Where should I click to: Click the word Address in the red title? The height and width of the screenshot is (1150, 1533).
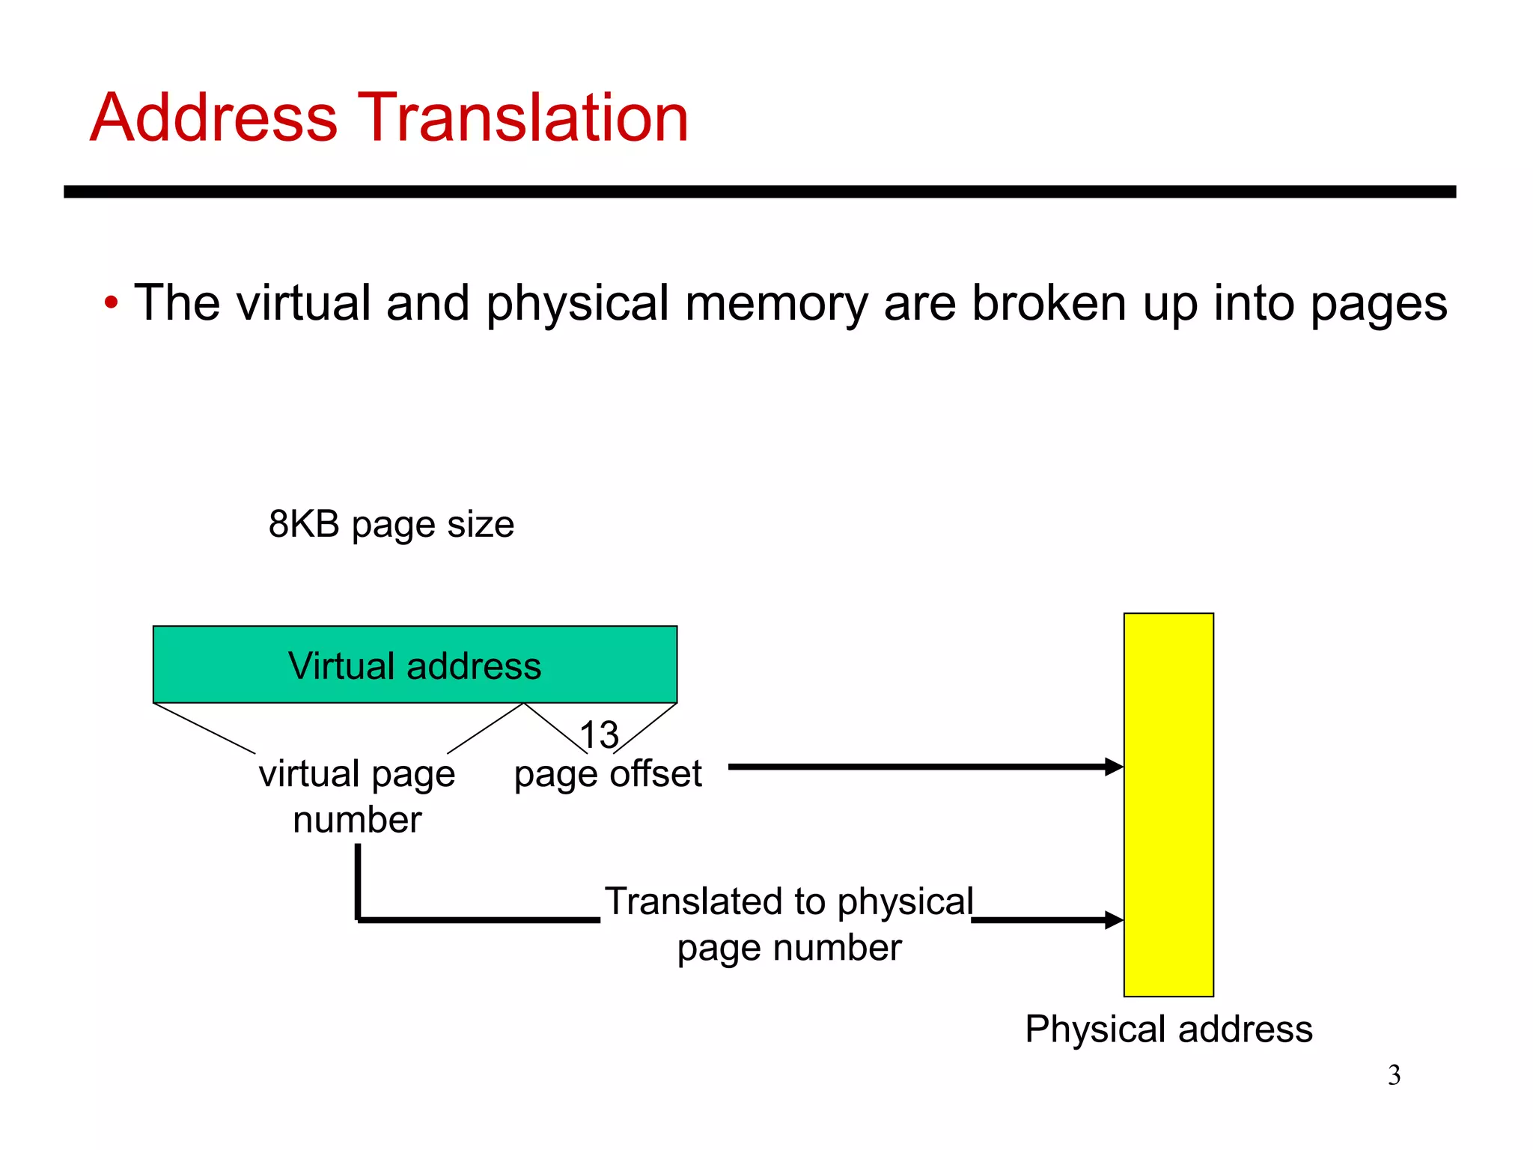click(x=214, y=118)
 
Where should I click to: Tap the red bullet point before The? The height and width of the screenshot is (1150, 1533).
click(x=111, y=304)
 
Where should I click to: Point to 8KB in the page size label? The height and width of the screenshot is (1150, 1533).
click(x=304, y=524)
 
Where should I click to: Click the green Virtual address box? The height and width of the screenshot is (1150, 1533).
click(x=415, y=665)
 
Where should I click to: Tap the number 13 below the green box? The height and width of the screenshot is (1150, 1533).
click(x=599, y=735)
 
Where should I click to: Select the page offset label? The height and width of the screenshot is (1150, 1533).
click(x=607, y=774)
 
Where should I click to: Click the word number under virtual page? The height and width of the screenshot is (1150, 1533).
click(x=357, y=820)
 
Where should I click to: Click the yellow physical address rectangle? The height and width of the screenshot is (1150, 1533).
click(x=1168, y=805)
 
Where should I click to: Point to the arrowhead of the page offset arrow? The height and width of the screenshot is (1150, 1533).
click(x=1114, y=767)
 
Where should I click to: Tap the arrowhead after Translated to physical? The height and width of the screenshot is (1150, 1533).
click(x=1114, y=920)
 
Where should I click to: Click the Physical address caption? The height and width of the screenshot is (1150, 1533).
click(x=1168, y=1029)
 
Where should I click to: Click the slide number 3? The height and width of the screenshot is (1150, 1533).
click(x=1394, y=1076)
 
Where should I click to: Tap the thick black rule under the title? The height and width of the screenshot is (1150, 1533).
click(x=759, y=192)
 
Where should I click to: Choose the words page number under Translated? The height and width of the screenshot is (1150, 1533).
click(x=789, y=948)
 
